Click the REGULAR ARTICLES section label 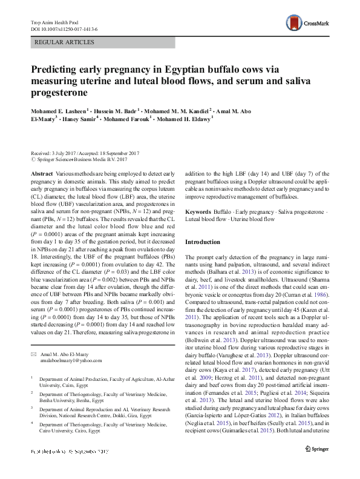[x=65, y=42]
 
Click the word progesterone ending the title [x=60, y=93]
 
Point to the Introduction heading [x=203, y=242]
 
